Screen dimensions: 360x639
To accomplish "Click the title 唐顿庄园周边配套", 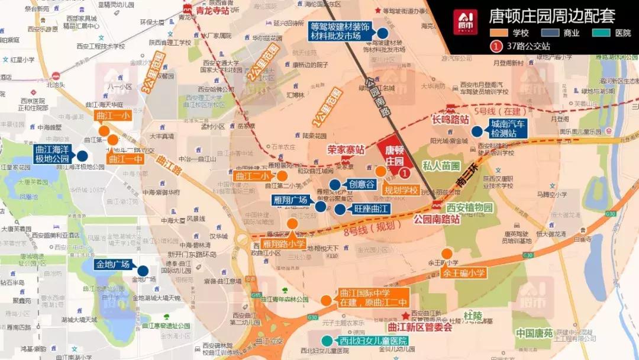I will (551, 15).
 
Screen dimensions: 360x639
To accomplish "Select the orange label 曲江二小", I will (252, 176).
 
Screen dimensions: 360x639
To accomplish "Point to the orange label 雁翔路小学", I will (284, 243).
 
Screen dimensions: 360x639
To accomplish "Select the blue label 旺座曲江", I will (371, 209).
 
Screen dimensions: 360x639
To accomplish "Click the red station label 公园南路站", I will (437, 218).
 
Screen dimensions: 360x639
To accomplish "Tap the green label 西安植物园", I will (469, 208).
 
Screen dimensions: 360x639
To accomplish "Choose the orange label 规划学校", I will (401, 190).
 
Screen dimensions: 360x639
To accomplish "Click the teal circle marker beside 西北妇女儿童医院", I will (327, 340).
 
